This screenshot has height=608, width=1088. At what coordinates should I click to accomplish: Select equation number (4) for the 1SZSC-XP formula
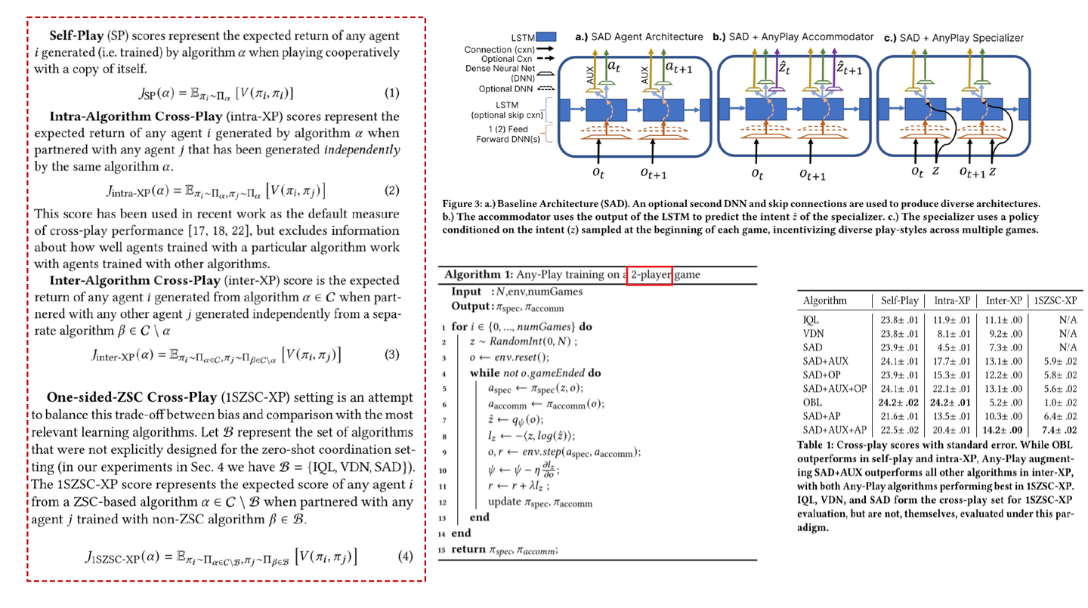406,557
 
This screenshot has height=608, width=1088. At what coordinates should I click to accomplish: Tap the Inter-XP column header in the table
1004,300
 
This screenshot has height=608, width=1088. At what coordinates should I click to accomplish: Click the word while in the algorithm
484,373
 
